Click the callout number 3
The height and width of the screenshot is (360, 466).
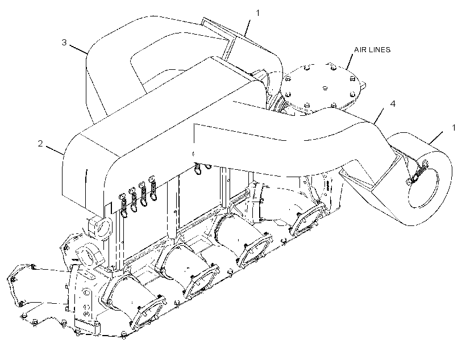coord(64,43)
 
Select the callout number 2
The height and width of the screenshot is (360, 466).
coord(40,144)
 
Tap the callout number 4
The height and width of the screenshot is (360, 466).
coord(393,104)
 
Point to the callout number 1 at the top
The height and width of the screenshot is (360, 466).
coord(257,13)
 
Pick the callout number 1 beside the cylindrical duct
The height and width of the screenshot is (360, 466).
coord(453,128)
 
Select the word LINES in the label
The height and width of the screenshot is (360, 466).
coord(380,49)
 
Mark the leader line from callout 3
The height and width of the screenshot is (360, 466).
coord(78,49)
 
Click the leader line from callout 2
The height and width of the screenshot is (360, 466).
coord(55,150)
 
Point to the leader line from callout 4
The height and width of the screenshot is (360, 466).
coord(378,116)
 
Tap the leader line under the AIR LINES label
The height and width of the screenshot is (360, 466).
coord(348,62)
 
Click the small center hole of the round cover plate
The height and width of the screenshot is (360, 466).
coord(325,88)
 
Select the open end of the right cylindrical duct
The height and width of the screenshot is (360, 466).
coord(423,188)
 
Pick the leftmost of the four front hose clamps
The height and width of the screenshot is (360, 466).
coord(123,205)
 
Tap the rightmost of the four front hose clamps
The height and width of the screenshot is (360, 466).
coord(153,188)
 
